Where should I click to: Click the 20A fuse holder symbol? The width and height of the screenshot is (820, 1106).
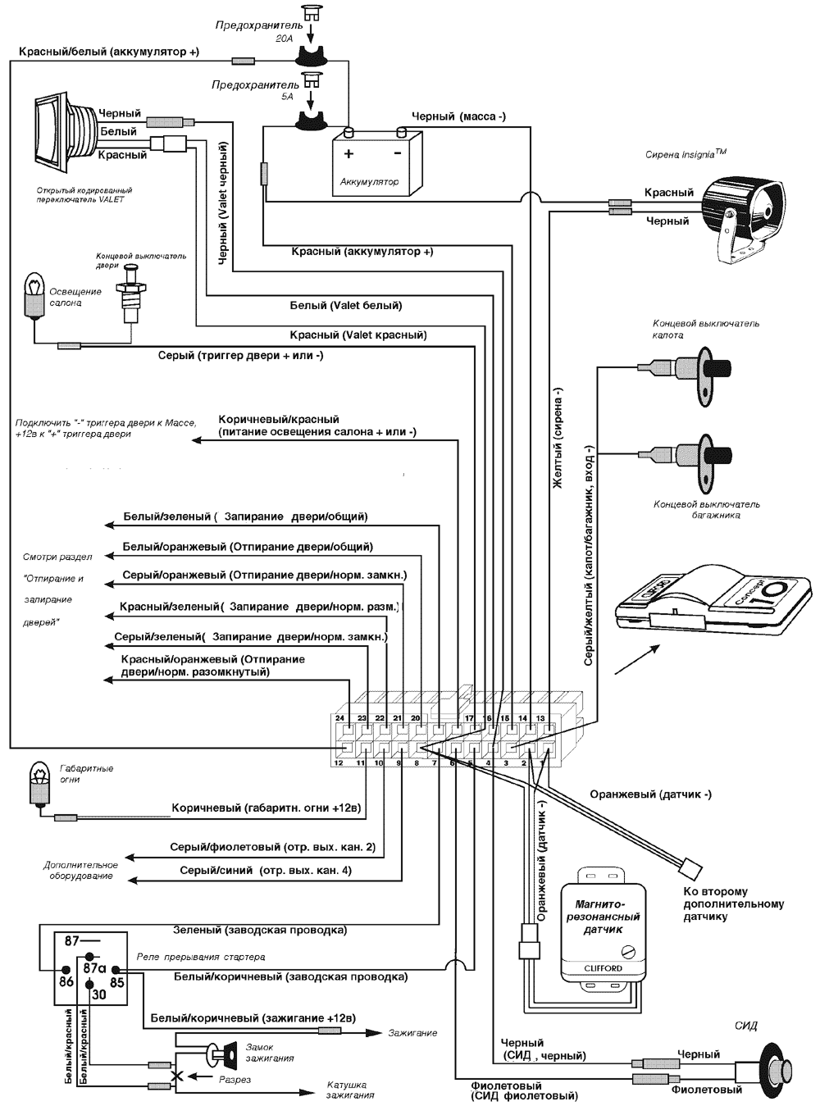pyautogui.click(x=312, y=57)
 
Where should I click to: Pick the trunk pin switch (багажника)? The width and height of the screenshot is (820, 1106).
pyautogui.click(x=711, y=454)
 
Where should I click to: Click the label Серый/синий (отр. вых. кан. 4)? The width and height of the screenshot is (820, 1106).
pyautogui.click(x=266, y=870)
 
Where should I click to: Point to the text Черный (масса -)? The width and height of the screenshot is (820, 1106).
pyautogui.click(x=458, y=116)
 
